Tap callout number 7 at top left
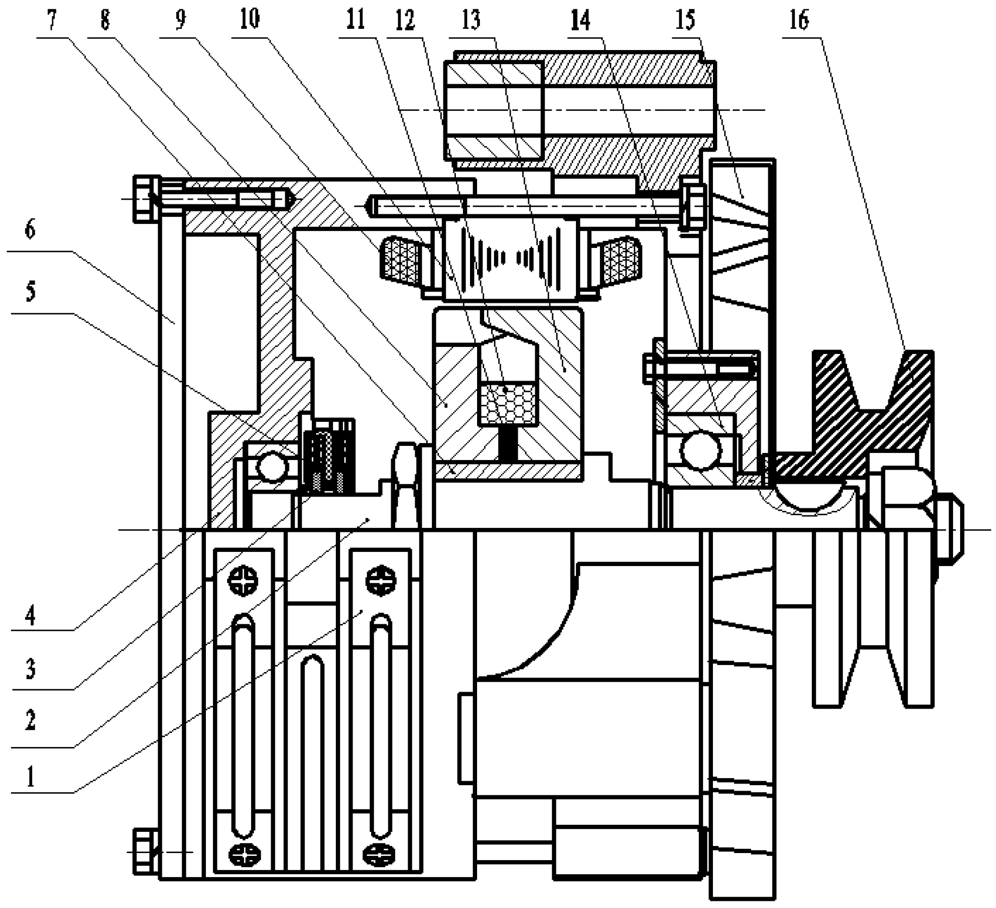[52, 21]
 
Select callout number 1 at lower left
[30, 777]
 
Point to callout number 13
[471, 21]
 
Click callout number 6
[30, 230]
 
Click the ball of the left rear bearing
[272, 467]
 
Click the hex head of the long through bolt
[693, 207]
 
